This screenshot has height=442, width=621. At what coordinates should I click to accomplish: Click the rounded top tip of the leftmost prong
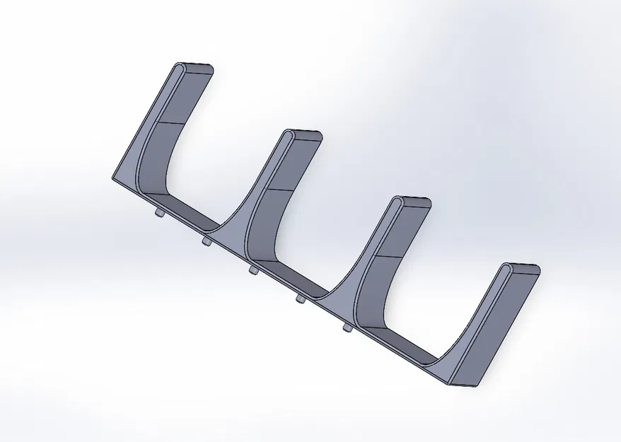(x=193, y=69)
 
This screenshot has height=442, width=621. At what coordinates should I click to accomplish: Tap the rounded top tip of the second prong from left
(x=303, y=134)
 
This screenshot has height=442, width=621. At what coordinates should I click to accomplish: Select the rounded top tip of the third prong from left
(x=412, y=202)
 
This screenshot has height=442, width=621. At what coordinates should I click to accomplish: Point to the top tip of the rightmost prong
(x=521, y=268)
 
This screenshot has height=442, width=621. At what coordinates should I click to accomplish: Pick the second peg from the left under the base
(x=206, y=242)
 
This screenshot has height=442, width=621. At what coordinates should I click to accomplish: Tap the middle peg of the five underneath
(x=253, y=269)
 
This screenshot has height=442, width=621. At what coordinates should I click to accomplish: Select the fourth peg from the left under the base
(x=300, y=300)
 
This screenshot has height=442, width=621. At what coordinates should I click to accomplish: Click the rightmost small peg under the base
(x=347, y=327)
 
